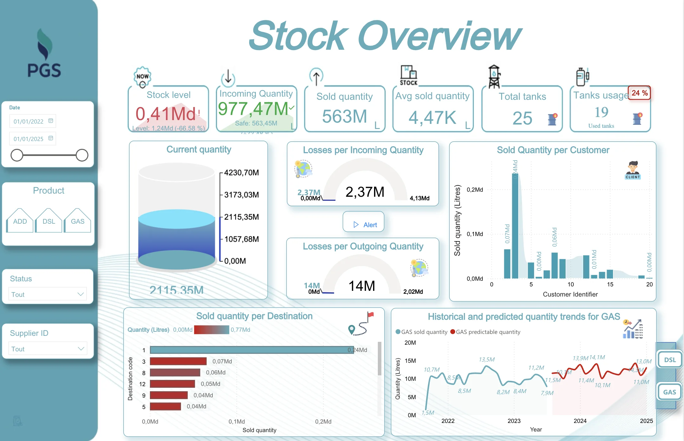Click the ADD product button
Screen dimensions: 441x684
pos(20,221)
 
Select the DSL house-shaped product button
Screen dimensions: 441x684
pos(49,221)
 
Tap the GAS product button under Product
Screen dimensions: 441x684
pos(78,221)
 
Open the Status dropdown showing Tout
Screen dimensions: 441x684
pos(48,294)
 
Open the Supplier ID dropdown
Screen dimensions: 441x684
pos(48,349)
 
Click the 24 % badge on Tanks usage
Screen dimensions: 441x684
pos(639,93)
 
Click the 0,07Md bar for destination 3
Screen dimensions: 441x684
pos(178,361)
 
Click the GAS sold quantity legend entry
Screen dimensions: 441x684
pos(422,332)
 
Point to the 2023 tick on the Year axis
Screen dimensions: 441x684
pos(514,421)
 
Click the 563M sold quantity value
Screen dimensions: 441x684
pos(345,116)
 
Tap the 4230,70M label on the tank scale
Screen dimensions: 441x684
pos(242,173)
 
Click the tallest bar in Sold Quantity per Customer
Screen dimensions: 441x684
pos(515,225)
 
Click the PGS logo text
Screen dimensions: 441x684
pos(44,70)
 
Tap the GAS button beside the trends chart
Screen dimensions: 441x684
pos(669,392)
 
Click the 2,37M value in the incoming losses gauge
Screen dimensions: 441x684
pos(365,192)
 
